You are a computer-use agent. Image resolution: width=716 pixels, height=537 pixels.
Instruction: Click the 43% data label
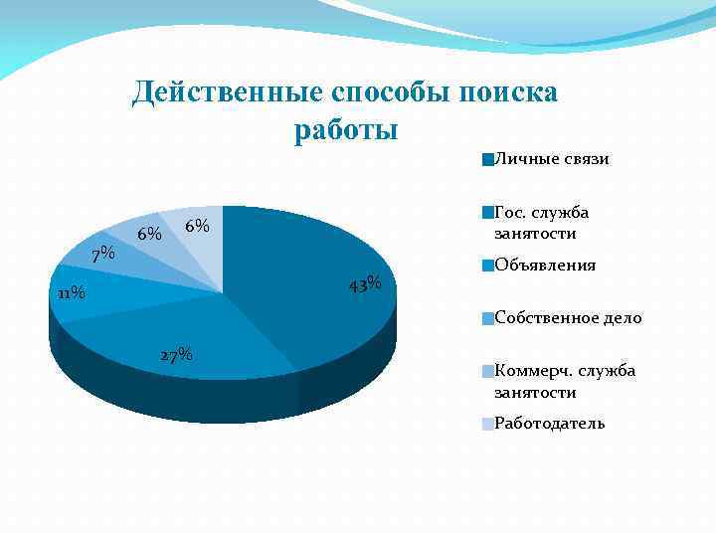coord(366,283)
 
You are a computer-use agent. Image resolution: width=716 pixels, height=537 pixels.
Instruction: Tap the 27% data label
coord(175,355)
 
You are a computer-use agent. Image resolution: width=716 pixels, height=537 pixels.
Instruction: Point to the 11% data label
coord(71,293)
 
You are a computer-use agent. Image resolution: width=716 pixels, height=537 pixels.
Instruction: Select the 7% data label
coord(102,255)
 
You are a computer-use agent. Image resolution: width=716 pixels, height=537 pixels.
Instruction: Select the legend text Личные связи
coord(551,159)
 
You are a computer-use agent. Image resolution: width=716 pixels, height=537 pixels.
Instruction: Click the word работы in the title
coord(346,130)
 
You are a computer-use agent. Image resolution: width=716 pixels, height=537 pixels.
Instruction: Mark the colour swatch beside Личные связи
coord(486,159)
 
